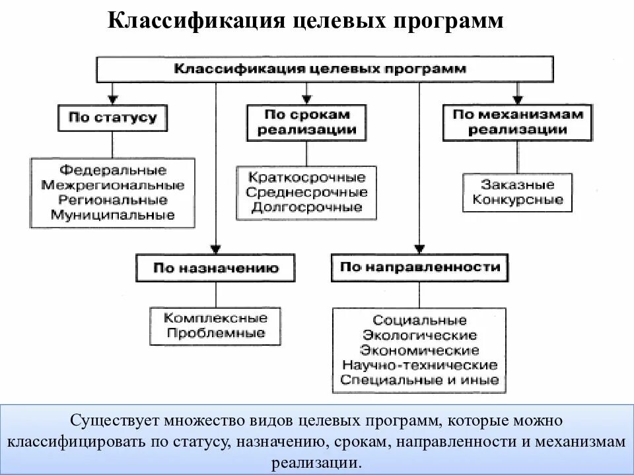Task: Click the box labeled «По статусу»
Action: click(113, 118)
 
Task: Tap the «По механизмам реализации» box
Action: click(517, 121)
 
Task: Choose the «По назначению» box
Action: click(216, 269)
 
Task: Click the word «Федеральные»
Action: click(113, 171)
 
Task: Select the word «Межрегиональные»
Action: click(113, 185)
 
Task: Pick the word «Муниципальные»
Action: click(113, 214)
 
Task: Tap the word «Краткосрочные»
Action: click(306, 178)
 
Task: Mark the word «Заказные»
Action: click(518, 185)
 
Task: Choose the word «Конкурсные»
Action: click(518, 200)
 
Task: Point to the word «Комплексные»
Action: click(215, 319)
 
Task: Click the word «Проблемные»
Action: click(215, 333)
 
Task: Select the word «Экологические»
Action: click(419, 336)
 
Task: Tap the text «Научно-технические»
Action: click(419, 365)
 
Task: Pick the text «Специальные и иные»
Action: click(419, 380)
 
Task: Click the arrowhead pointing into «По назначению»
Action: click(216, 248)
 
